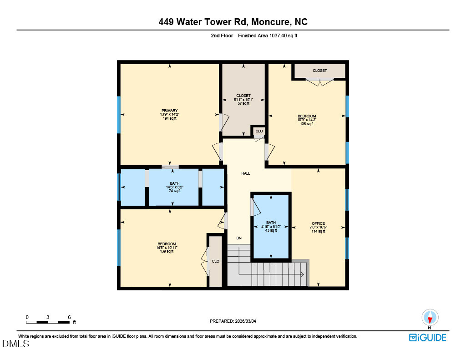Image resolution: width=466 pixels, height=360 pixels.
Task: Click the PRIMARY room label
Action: click(x=169, y=111)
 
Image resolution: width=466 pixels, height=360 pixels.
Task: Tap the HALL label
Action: click(x=246, y=173)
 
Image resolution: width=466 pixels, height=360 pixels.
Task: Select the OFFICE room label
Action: click(x=319, y=223)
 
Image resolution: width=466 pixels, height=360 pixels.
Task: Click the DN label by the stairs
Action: click(x=239, y=238)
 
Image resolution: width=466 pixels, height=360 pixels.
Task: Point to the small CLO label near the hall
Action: click(x=259, y=131)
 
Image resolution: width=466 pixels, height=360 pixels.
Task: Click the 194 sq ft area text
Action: click(x=169, y=119)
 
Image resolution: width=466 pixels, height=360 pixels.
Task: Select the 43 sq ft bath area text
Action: click(x=271, y=231)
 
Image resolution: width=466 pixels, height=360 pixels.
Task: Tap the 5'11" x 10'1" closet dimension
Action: click(x=243, y=100)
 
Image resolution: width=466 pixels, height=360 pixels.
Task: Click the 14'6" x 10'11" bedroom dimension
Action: click(x=167, y=248)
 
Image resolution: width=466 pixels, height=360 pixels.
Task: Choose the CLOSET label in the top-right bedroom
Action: click(x=319, y=71)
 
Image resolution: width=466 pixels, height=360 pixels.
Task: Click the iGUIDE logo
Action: click(x=427, y=337)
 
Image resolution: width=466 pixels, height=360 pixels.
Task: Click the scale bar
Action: click(x=48, y=322)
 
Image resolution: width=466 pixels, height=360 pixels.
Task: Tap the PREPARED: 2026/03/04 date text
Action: click(x=236, y=321)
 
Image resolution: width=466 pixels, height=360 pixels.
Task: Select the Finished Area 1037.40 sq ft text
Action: click(x=268, y=35)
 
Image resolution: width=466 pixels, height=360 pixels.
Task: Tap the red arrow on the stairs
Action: click(x=302, y=274)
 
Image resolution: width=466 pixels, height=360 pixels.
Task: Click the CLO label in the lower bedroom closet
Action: click(x=216, y=261)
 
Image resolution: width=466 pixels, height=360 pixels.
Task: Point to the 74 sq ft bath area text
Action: click(x=175, y=191)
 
